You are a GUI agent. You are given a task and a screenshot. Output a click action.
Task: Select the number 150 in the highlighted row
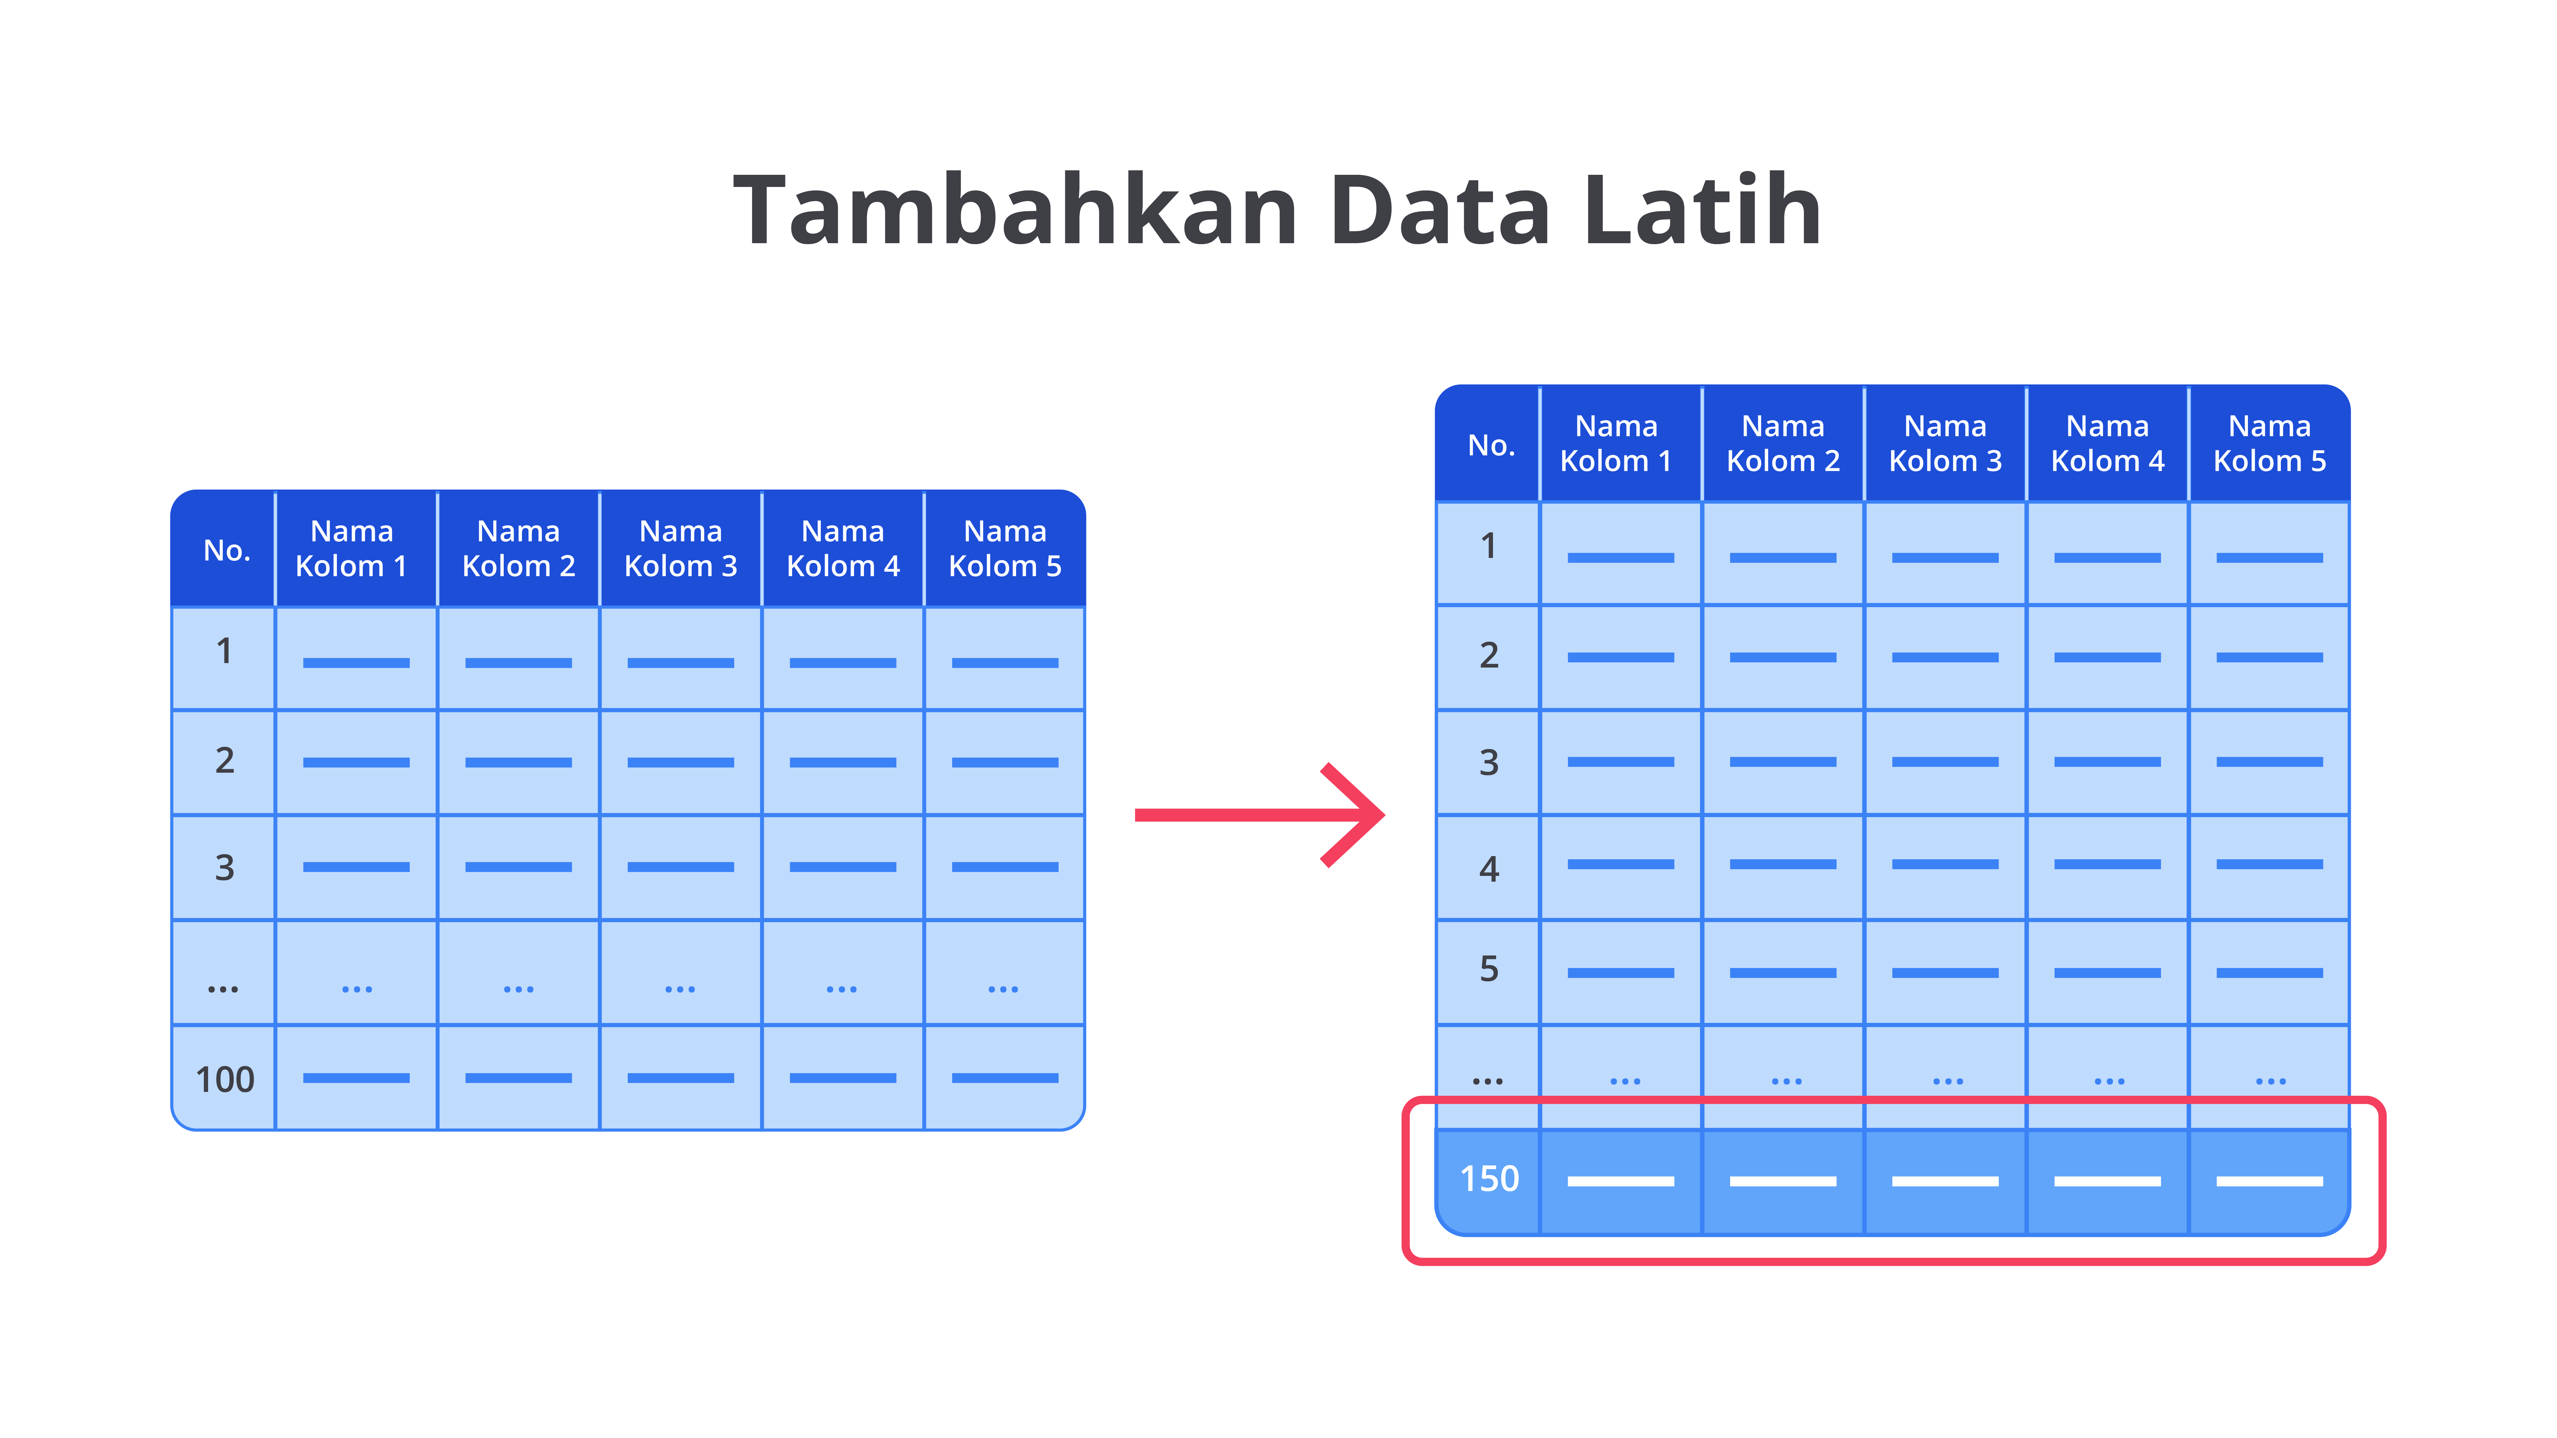(1489, 1179)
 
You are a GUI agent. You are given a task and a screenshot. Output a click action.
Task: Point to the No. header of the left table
(226, 550)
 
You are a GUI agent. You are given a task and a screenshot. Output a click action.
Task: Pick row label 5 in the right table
(1489, 969)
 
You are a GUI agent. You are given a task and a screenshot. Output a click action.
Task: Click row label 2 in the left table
(225, 760)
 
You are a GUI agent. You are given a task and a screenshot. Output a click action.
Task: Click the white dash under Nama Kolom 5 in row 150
(2269, 1181)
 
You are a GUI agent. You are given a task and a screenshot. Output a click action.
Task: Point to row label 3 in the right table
(1489, 762)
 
